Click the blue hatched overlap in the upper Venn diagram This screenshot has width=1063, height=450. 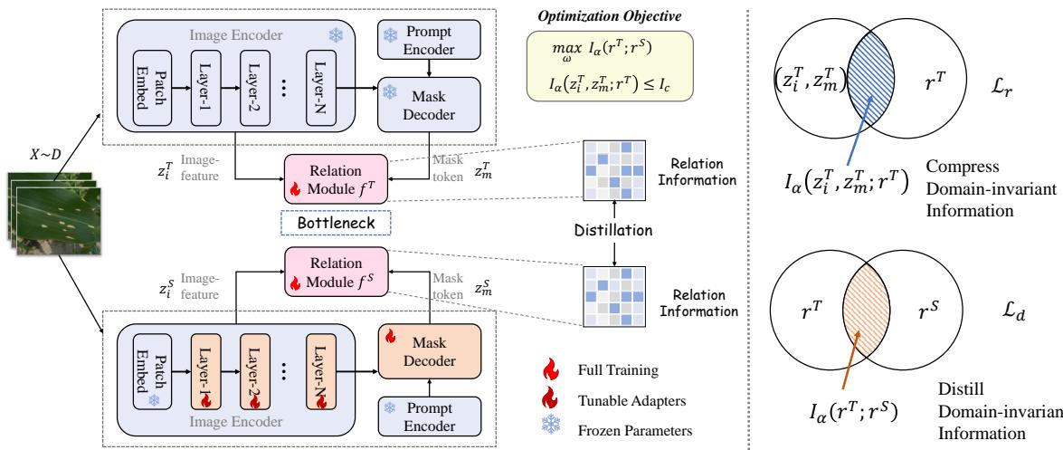pos(871,86)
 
